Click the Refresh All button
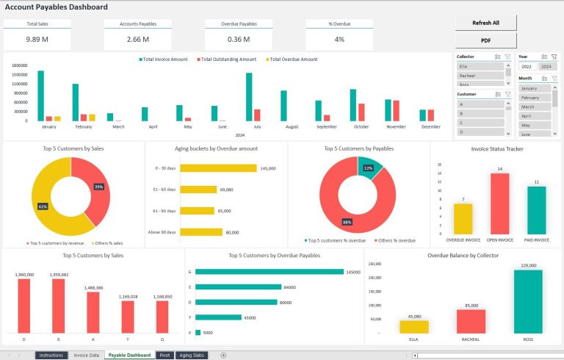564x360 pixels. point(485,23)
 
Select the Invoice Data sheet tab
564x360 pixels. point(87,355)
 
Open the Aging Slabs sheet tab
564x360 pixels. point(192,355)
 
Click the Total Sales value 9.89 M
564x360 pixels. point(37,39)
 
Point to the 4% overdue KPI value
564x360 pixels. point(339,39)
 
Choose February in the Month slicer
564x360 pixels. point(535,97)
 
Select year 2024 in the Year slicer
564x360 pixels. point(548,66)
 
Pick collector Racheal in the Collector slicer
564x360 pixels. point(480,76)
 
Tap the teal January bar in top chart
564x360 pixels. point(41,96)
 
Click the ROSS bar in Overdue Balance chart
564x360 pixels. point(528,301)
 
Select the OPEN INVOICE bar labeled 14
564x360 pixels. point(499,204)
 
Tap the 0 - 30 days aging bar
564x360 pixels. point(218,168)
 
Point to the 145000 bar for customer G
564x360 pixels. point(270,272)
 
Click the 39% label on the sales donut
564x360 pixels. point(98,187)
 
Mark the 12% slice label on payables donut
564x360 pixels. point(368,168)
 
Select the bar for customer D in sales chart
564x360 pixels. point(24,306)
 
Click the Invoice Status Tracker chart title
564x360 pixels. point(496,148)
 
